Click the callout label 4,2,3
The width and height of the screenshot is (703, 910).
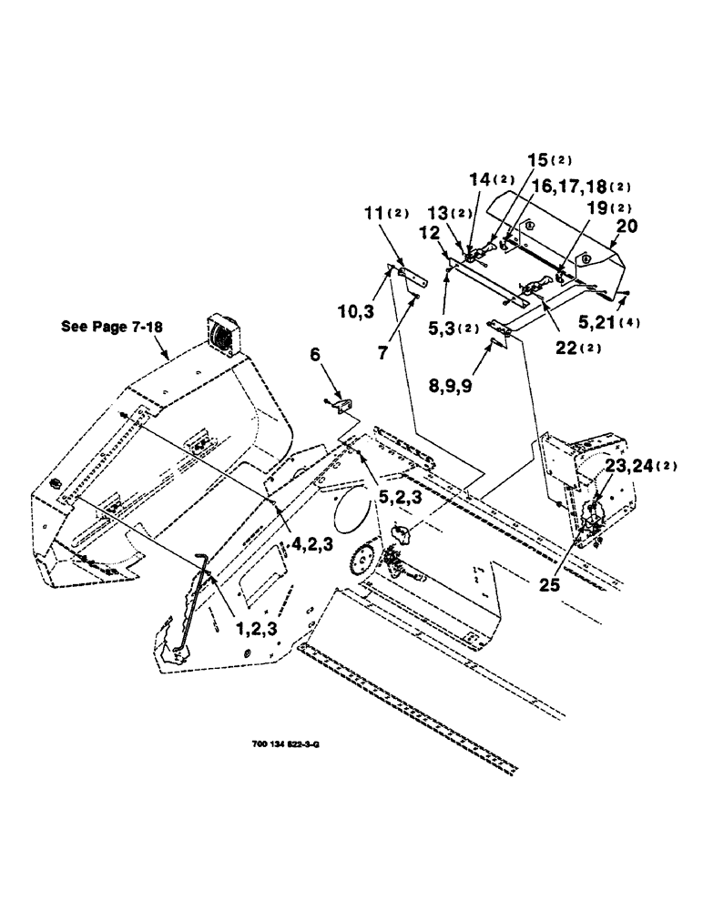[x=312, y=545]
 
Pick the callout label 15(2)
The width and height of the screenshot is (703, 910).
[x=546, y=159]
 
